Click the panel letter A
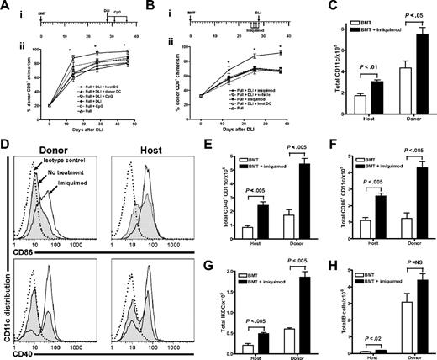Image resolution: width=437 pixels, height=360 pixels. point(7,6)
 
